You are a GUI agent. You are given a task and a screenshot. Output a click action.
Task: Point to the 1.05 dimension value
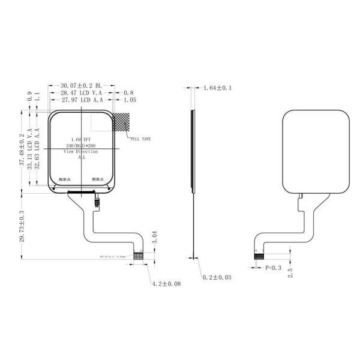click(x=130, y=100)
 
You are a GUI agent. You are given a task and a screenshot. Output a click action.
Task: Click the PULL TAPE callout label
click(x=140, y=139)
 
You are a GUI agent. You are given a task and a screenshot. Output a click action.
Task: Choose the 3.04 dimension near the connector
click(x=154, y=237)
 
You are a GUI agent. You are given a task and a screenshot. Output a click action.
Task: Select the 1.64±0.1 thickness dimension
click(x=217, y=88)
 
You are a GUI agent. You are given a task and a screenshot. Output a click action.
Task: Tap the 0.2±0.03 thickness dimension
click(x=217, y=278)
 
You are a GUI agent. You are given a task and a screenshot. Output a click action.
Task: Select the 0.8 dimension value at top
click(x=128, y=93)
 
